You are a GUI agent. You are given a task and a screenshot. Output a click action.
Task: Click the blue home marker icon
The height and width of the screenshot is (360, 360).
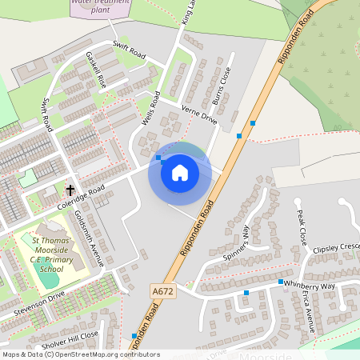pos(180,172)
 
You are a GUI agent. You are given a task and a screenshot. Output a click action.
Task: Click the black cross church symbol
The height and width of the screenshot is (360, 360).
pos(70,190)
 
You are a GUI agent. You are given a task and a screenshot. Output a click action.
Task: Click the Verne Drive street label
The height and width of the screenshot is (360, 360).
pos(199,114)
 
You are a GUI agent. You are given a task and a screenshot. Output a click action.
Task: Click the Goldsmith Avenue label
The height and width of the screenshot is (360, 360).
pos(89,239)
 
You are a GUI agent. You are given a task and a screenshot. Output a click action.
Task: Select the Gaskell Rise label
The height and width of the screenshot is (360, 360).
pos(96,70)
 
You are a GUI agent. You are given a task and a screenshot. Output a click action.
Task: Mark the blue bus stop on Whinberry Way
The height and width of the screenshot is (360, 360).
pos(281,282)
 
